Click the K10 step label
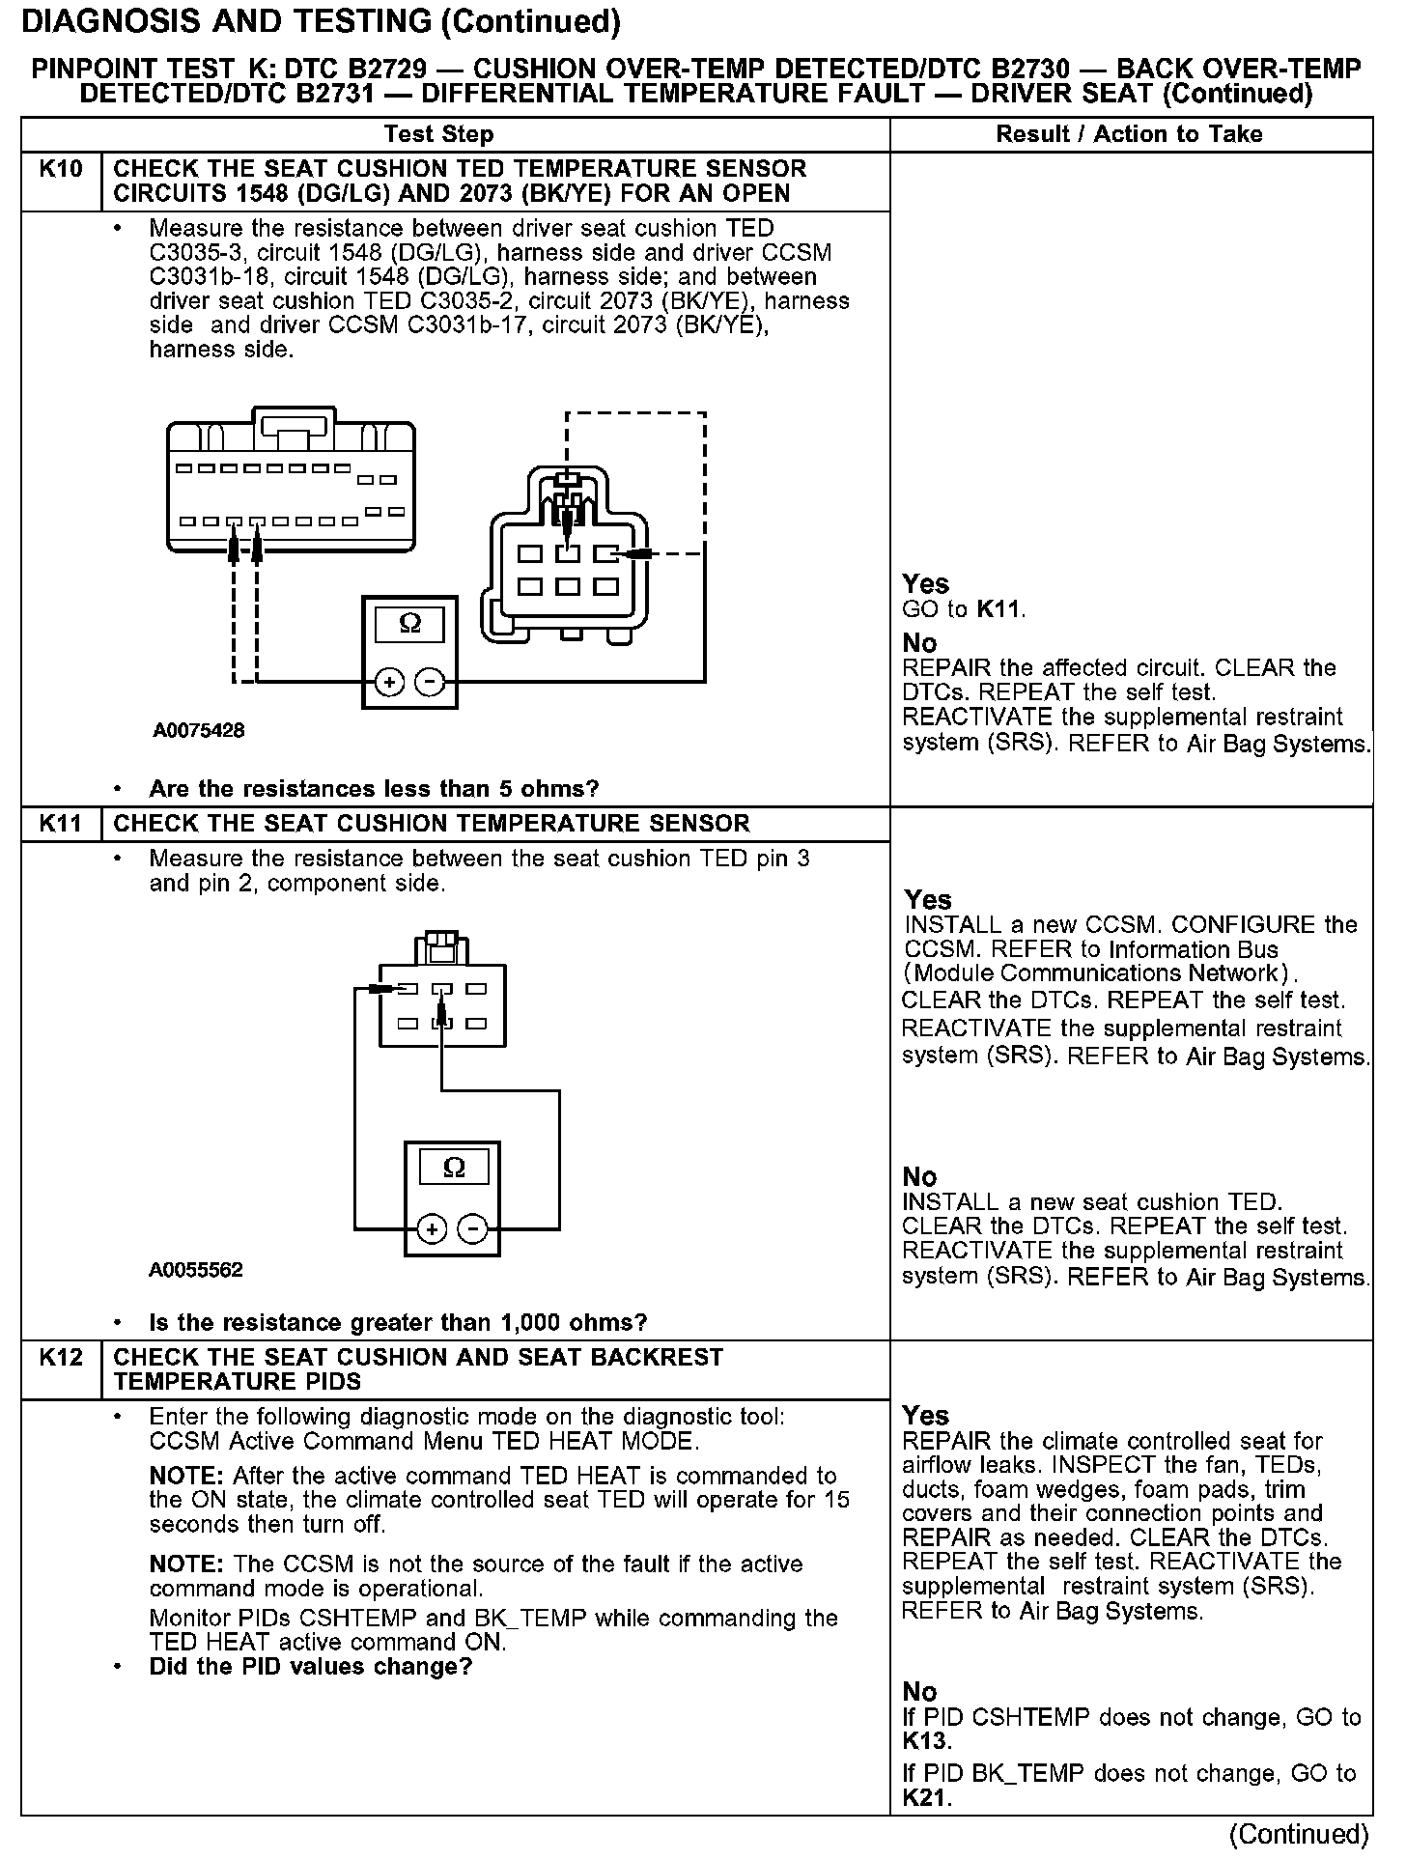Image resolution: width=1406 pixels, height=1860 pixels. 61,169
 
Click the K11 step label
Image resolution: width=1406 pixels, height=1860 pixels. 61,824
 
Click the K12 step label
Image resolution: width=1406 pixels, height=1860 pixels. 61,1357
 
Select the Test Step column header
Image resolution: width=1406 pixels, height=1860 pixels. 438,134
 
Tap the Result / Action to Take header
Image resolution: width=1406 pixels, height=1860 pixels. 1129,134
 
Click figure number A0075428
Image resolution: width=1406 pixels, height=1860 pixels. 198,730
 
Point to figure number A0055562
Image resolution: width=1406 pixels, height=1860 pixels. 196,1269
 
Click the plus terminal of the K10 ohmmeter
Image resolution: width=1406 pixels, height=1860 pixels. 389,683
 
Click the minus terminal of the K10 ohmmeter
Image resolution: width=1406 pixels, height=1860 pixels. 430,683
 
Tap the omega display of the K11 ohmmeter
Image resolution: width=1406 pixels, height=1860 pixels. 453,1169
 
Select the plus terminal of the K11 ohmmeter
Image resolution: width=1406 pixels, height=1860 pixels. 432,1229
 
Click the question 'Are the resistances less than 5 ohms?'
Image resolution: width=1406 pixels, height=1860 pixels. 374,789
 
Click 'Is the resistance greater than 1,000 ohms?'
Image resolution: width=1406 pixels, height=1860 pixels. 398,1322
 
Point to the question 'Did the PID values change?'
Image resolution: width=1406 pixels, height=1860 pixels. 310,1667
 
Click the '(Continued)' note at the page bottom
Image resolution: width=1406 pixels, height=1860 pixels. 1299,1834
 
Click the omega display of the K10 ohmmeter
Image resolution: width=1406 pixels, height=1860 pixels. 409,624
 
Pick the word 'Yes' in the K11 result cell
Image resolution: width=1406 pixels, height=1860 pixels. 928,899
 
